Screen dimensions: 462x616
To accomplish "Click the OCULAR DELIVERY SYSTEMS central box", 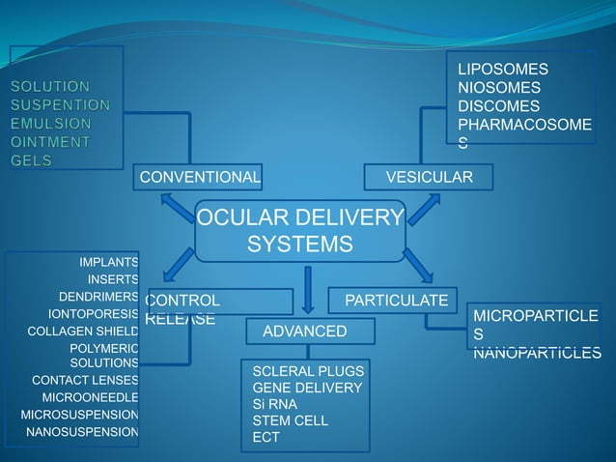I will [300, 230].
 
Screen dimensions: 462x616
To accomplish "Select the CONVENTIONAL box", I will [199, 177].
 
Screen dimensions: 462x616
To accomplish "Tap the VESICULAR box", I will [429, 177].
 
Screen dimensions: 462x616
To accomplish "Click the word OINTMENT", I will [50, 142].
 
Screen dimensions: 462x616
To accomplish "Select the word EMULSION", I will [52, 124].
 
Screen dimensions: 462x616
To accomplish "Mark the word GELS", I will [32, 160].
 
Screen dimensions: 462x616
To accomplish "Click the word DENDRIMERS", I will [98, 297].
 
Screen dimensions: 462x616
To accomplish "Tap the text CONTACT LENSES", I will [85, 380].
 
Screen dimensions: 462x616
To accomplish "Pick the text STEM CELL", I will [290, 420].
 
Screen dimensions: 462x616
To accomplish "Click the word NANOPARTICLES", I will [537, 353].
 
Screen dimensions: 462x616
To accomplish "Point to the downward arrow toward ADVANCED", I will [308, 289].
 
